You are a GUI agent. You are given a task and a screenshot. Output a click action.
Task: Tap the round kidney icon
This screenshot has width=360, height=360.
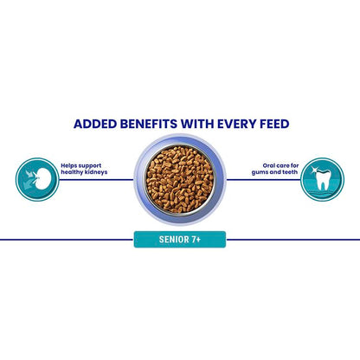37,179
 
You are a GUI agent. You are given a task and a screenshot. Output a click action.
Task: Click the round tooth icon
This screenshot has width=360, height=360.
322,179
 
